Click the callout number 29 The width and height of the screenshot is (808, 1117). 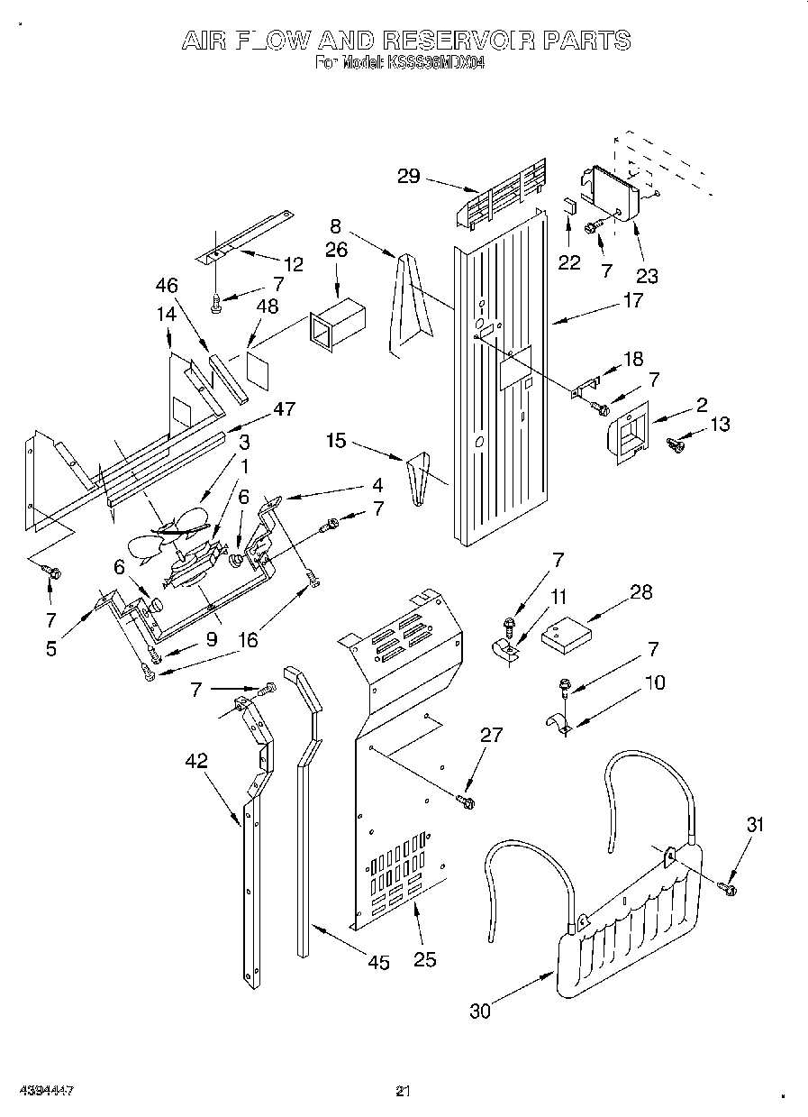tap(408, 176)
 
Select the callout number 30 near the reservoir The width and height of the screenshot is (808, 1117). tap(480, 1011)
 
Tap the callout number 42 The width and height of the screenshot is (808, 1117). tap(195, 761)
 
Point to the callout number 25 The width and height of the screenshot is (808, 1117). tap(423, 959)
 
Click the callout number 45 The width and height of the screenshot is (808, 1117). tap(379, 963)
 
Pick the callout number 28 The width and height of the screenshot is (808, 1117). tap(640, 592)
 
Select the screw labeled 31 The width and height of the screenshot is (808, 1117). tap(728, 889)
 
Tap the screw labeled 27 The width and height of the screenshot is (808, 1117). tap(466, 799)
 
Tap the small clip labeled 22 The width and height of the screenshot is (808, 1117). tap(569, 204)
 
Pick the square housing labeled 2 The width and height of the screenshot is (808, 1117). tap(627, 434)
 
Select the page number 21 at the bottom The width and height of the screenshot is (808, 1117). tap(404, 1092)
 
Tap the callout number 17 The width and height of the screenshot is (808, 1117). tap(632, 300)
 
